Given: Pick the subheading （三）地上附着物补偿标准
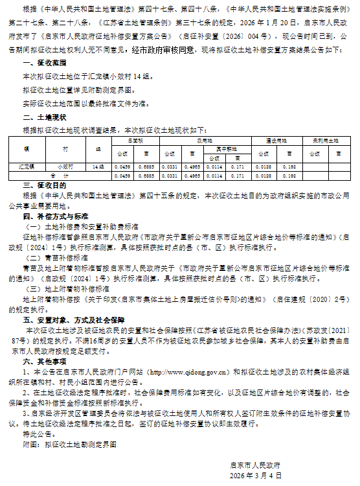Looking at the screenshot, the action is point(61,288).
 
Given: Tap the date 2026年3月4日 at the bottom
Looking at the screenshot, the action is point(256,475).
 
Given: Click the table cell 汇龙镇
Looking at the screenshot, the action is point(27,167).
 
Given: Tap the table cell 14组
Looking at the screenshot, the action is point(98,167).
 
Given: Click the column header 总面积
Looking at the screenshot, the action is point(135,139).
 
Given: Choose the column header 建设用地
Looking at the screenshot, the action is point(269,139).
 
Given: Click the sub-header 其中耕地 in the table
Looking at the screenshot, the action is point(226,148).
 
